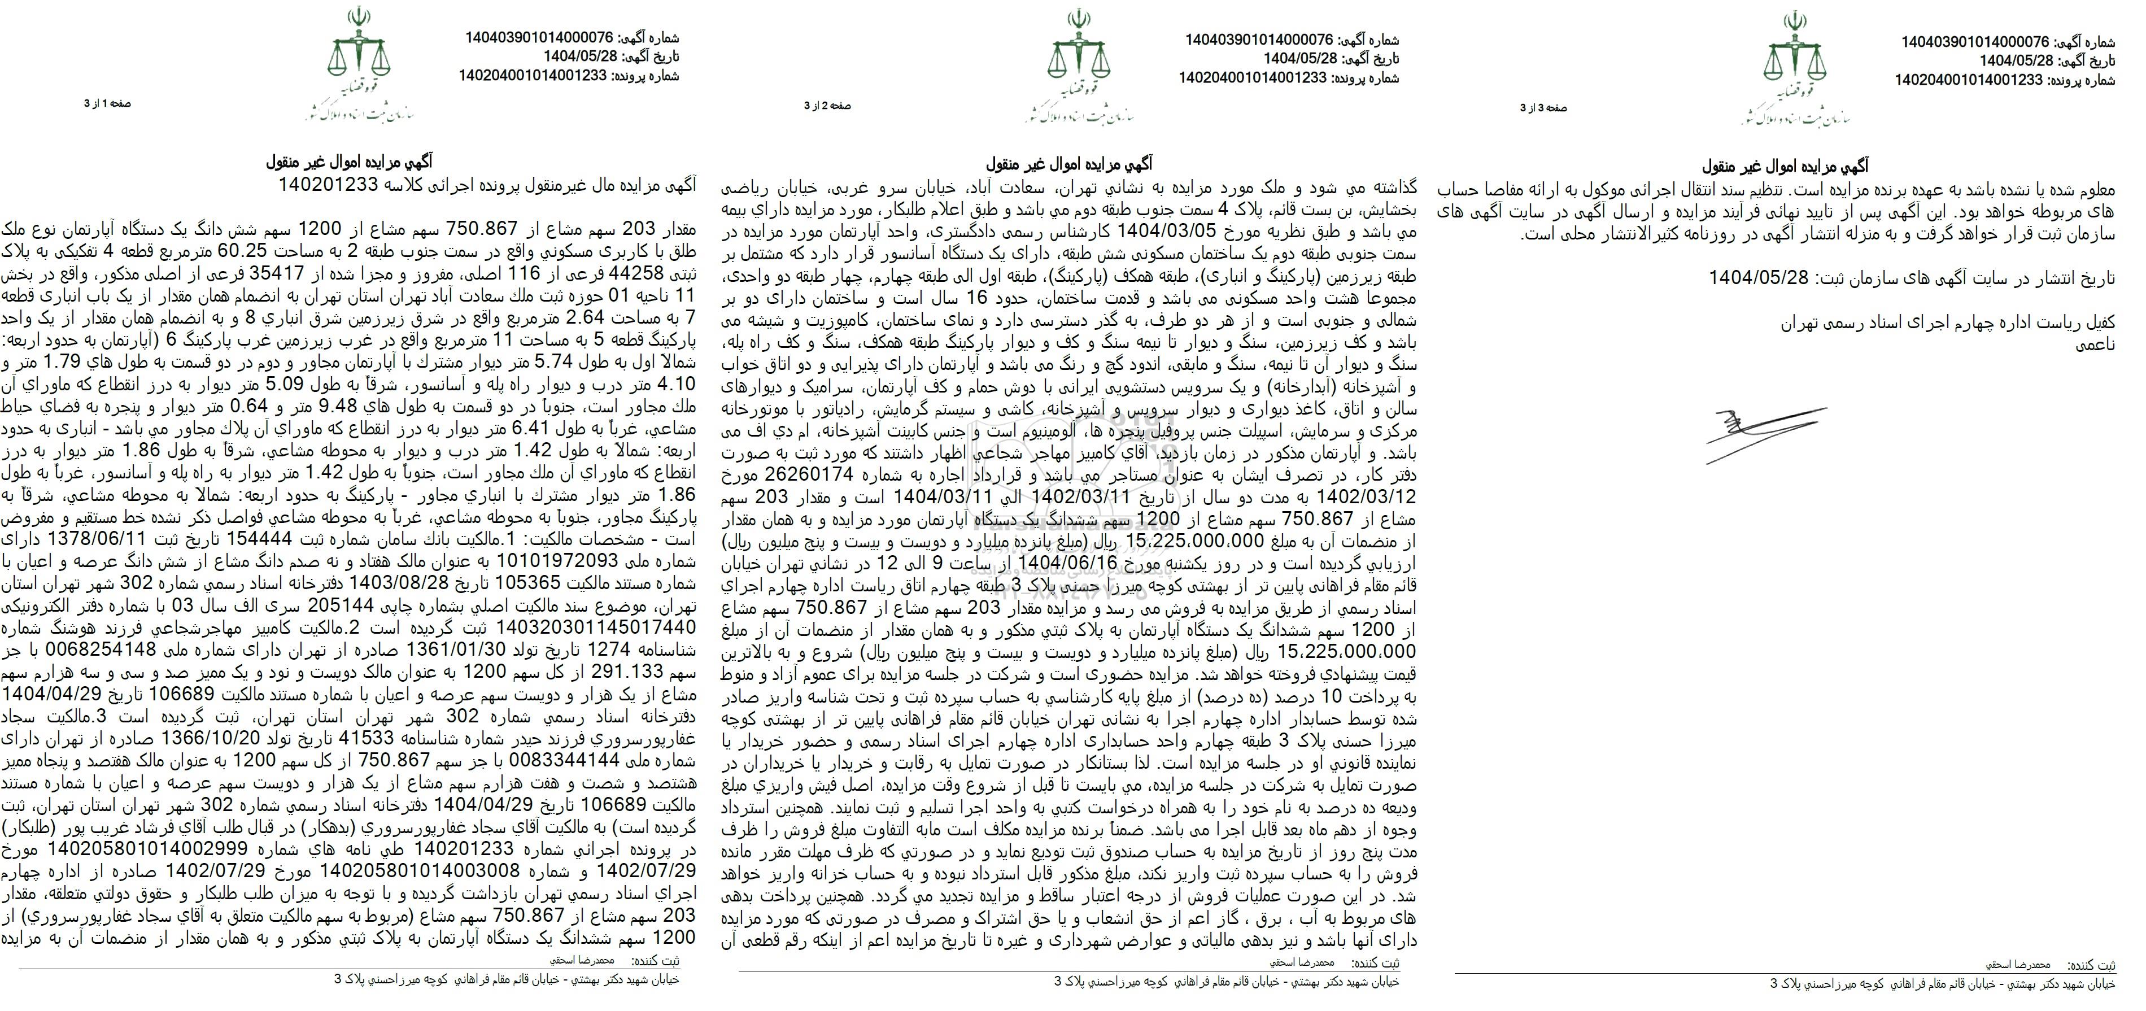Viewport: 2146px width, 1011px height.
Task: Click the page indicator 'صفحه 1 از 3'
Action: pos(107,103)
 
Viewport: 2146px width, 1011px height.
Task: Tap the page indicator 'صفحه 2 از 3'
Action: pos(827,106)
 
